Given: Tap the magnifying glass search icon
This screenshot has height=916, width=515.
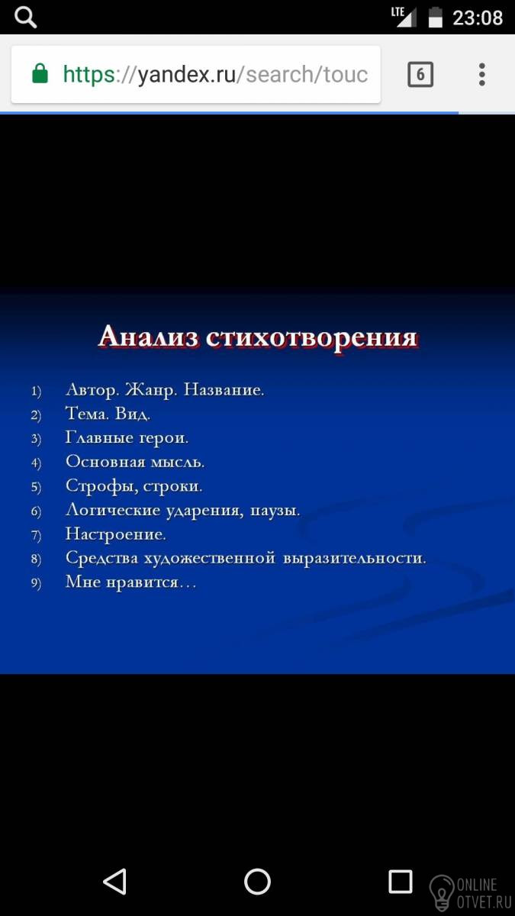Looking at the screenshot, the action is [25, 18].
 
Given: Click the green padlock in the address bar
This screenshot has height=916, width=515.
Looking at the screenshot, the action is [40, 73].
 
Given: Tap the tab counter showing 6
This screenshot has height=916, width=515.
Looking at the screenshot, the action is [420, 75].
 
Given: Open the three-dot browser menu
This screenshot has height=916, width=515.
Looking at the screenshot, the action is [482, 75].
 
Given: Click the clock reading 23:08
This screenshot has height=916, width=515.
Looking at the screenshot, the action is [478, 18].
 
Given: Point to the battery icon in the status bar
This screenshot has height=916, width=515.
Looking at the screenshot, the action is [436, 17].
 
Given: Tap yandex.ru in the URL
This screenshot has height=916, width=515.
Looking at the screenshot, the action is [187, 75].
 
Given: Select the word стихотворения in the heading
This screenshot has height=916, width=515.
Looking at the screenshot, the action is [312, 339].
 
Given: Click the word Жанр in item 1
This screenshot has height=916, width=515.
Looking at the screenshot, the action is [151, 390].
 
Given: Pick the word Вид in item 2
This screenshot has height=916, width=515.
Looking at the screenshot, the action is [133, 414].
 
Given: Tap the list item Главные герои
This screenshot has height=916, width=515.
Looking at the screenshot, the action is [127, 437].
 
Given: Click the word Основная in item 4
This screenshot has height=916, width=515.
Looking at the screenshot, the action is [105, 462].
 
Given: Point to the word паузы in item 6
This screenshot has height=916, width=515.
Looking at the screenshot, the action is [275, 511].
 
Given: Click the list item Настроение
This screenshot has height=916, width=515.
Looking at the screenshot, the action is [116, 534].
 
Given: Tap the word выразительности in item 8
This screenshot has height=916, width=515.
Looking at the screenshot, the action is [354, 558].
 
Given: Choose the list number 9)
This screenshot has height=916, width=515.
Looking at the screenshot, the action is [37, 583].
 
